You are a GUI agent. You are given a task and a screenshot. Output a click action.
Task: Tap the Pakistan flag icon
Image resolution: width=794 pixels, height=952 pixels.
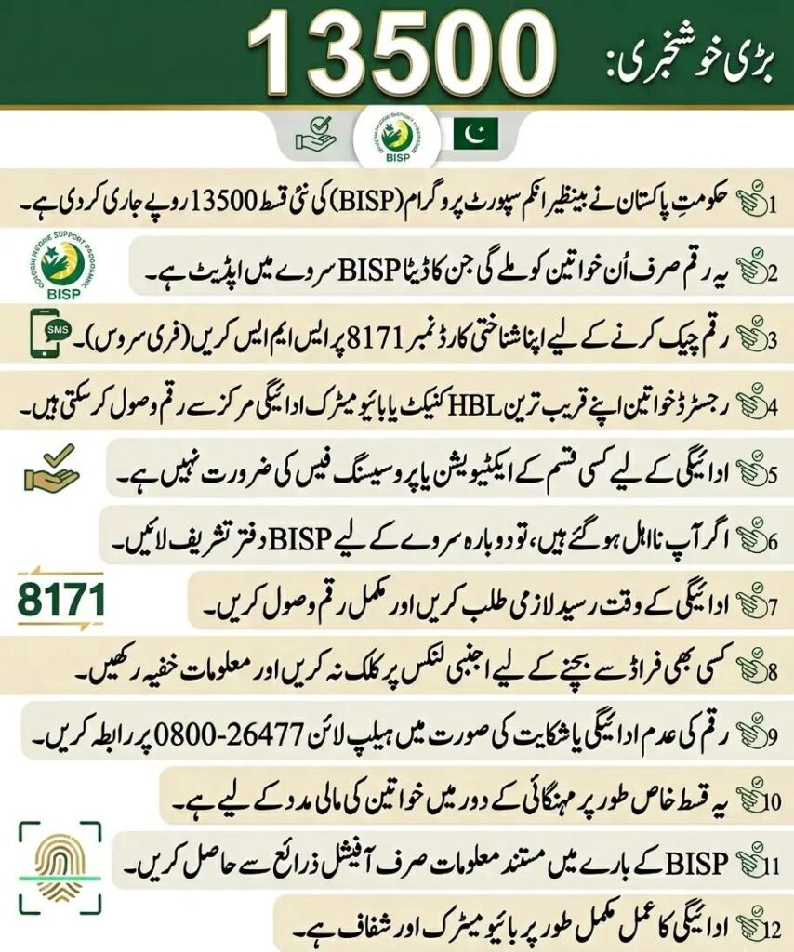(475, 135)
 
